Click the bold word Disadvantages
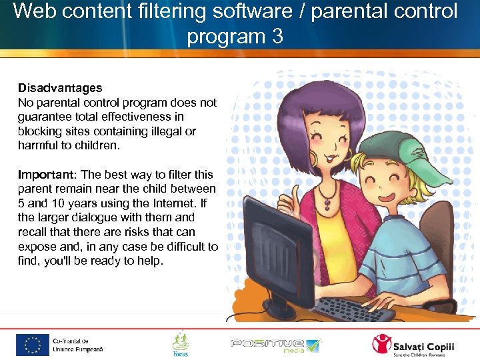click(x=60, y=88)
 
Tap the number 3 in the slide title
click(x=277, y=36)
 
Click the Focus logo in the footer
click(x=180, y=344)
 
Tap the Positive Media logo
click(x=275, y=344)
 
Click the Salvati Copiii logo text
click(x=426, y=342)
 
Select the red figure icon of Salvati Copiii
click(x=382, y=344)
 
